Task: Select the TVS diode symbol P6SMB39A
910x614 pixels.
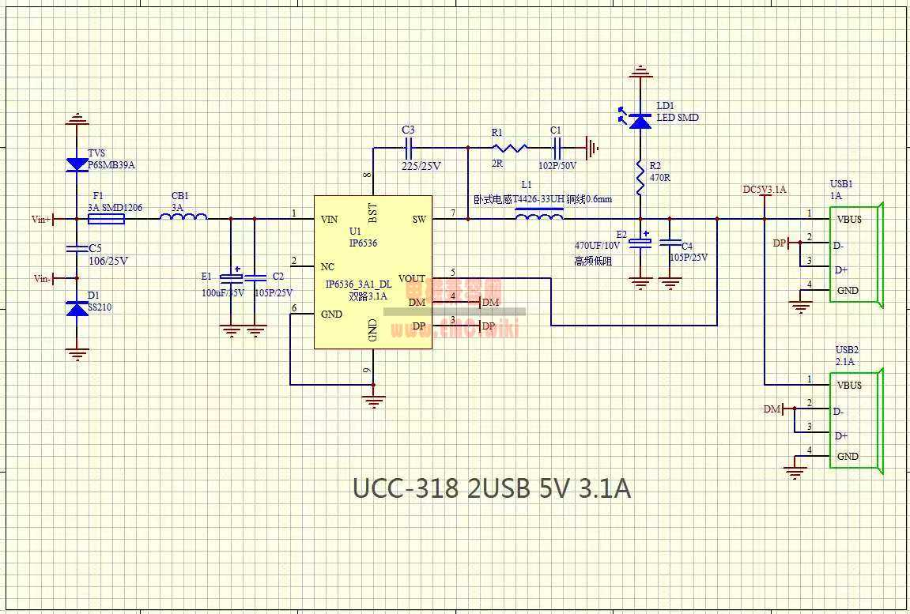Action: click(77, 164)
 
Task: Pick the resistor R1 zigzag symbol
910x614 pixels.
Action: click(508, 147)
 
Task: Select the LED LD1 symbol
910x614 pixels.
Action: click(640, 119)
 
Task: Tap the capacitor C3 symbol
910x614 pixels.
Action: click(409, 147)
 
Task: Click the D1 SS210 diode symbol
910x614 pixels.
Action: click(77, 309)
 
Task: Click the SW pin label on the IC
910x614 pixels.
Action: click(419, 219)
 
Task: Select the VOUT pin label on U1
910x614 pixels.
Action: click(411, 278)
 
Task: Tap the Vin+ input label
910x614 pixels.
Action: click(41, 220)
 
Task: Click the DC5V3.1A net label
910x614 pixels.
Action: click(764, 190)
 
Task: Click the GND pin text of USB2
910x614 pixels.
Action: click(848, 456)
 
